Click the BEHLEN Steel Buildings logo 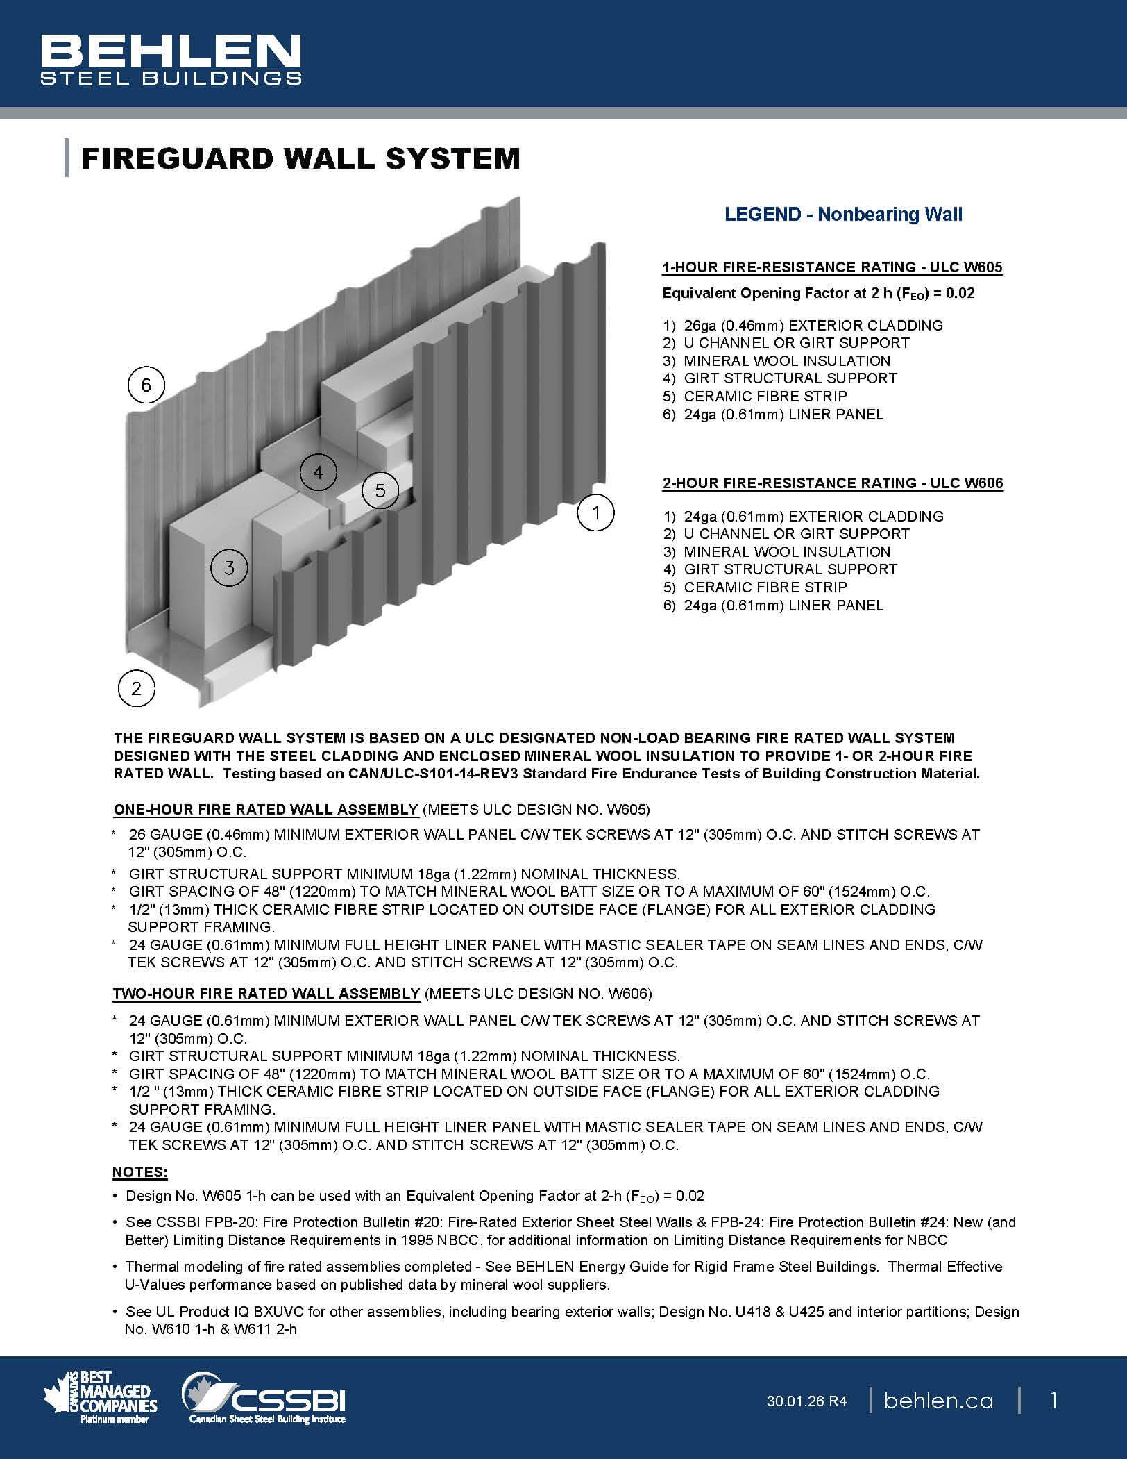[x=171, y=60]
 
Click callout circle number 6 [x=146, y=385]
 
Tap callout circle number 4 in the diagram [x=318, y=473]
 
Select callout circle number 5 [x=380, y=490]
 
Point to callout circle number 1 [x=595, y=513]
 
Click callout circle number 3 [x=229, y=568]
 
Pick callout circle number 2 [x=136, y=688]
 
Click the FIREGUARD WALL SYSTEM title [x=300, y=158]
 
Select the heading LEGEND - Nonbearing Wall [x=843, y=214]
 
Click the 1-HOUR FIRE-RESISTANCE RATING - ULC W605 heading [x=832, y=267]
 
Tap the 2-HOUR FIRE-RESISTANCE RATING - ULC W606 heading [x=832, y=483]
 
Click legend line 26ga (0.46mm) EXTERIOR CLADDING [x=812, y=325]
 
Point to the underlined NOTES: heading [x=139, y=1172]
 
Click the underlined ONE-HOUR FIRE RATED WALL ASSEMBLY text [x=266, y=810]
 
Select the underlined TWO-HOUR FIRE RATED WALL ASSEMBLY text [x=266, y=994]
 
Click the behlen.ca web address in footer [x=938, y=1401]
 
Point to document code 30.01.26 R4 [x=806, y=1401]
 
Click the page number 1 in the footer [x=1053, y=1401]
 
